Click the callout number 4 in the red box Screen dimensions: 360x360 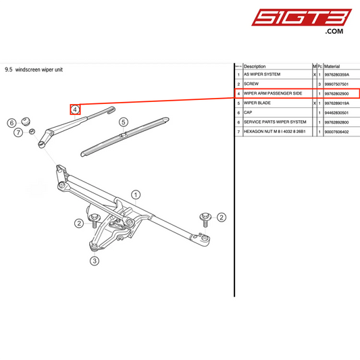tap(76, 109)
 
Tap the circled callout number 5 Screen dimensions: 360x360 tap(123, 122)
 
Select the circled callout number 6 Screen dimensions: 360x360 tap(11, 123)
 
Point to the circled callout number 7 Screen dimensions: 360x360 tap(18, 133)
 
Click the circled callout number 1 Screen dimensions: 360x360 tap(136, 195)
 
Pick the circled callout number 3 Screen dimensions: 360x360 tap(95, 261)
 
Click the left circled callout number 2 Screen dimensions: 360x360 tap(78, 224)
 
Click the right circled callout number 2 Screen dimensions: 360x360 tap(222, 217)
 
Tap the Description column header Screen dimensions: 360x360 tap(255, 66)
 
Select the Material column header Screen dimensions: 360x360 tap(332, 66)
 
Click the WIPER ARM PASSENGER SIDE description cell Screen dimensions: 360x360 tap(277, 93)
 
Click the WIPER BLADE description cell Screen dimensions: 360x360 tap(257, 103)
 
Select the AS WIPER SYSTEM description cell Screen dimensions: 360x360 tap(261, 74)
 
